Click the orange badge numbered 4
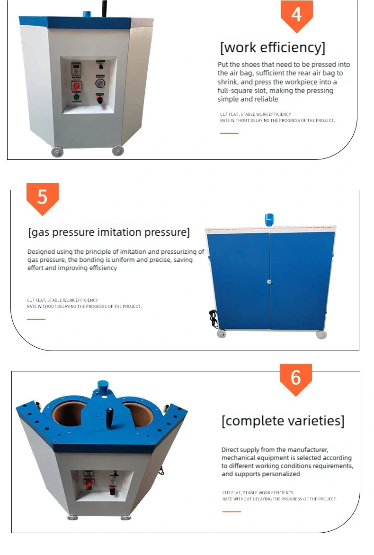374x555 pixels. click(296, 15)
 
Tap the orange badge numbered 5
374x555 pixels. click(42, 197)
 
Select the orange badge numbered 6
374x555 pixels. click(295, 378)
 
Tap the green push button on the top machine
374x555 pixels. click(76, 98)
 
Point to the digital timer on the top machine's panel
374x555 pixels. click(76, 68)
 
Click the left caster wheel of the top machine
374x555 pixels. click(57, 152)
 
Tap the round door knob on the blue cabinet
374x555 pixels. click(269, 282)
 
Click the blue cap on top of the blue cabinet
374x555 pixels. click(269, 220)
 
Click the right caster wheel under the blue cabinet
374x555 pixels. click(321, 334)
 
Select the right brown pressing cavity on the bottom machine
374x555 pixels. click(139, 413)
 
